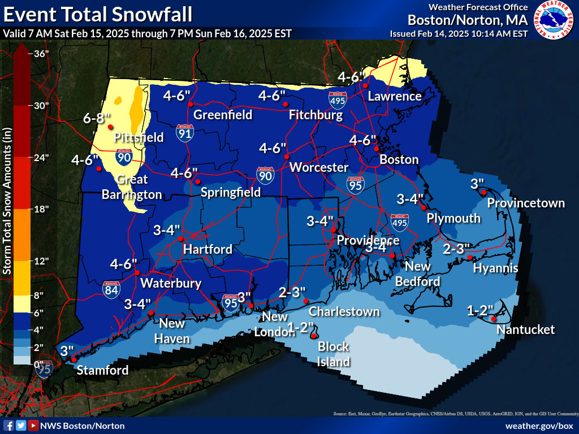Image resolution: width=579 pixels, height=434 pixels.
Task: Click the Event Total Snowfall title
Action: pyautogui.click(x=97, y=14)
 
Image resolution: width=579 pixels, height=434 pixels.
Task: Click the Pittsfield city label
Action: pyautogui.click(x=139, y=137)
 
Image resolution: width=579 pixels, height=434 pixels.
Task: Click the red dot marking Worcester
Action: pyautogui.click(x=287, y=157)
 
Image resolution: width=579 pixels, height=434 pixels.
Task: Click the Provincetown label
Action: pyautogui.click(x=526, y=203)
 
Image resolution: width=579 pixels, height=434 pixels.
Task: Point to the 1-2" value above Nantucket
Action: pyautogui.click(x=481, y=310)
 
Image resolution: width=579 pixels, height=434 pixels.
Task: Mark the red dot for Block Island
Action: pyautogui.click(x=313, y=336)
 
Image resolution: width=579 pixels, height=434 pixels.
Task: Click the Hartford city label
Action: pyautogui.click(x=208, y=249)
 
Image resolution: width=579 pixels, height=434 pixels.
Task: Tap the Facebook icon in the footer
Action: pyautogui.click(x=8, y=426)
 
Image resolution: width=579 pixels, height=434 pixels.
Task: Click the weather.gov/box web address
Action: pyautogui.click(x=539, y=426)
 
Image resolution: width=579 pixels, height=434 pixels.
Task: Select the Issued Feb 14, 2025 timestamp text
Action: pyautogui.click(x=459, y=33)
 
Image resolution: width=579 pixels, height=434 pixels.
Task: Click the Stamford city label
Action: pyautogui.click(x=102, y=370)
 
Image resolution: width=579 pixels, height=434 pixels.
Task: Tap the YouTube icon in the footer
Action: pyautogui.click(x=33, y=426)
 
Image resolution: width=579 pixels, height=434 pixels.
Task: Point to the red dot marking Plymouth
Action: pyautogui.click(x=424, y=208)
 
